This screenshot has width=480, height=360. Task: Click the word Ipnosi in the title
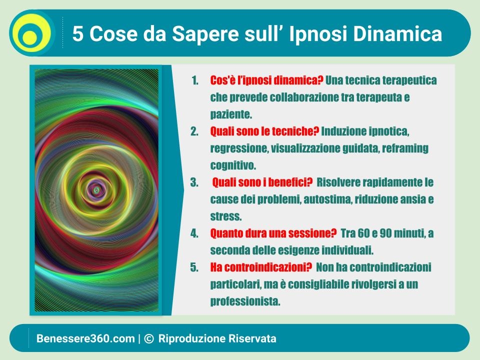point(318,33)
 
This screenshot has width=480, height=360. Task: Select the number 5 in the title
point(78,33)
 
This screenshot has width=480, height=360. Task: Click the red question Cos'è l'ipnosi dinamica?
point(266,80)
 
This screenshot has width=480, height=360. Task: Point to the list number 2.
point(194,131)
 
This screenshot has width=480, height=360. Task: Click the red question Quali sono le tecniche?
point(264,131)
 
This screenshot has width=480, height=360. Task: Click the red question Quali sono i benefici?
point(262,182)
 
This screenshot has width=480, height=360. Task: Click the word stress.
point(226,216)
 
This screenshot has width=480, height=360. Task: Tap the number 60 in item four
point(363,233)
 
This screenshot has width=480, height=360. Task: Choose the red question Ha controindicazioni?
point(261,267)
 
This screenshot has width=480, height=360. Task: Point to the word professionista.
point(245,302)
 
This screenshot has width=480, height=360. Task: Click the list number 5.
point(194,267)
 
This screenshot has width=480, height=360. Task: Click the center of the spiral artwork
point(96,190)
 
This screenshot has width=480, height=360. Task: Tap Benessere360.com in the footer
point(85,338)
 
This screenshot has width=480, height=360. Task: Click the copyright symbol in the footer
point(149,338)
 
